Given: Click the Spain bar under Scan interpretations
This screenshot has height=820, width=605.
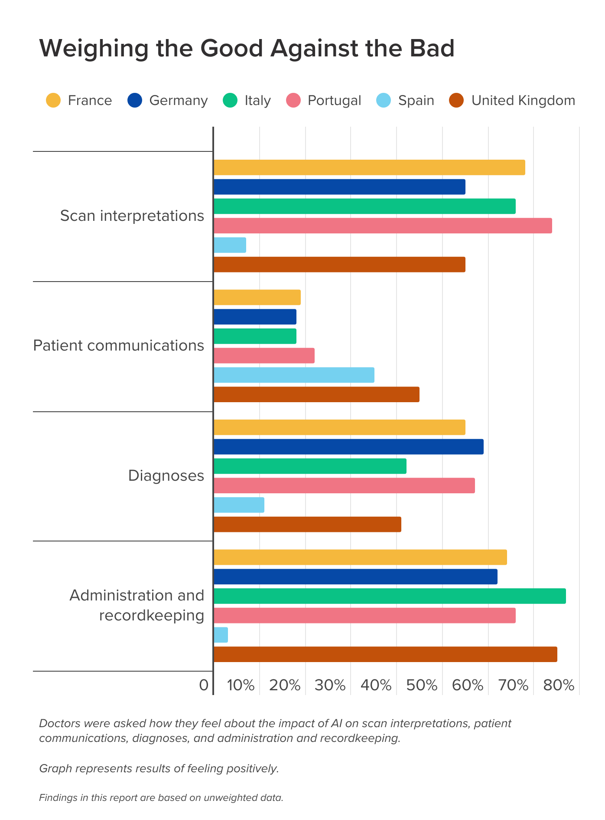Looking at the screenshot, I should (x=230, y=245).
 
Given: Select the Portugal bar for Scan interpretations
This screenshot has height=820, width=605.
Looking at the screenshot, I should (x=383, y=226).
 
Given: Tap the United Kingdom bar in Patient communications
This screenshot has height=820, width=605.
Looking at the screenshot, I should (x=316, y=394).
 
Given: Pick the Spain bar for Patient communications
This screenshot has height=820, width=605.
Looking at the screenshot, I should (x=294, y=375).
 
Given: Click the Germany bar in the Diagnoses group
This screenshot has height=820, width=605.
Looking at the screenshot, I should (x=348, y=446).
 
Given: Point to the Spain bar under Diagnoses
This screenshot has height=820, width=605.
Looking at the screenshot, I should (x=239, y=505).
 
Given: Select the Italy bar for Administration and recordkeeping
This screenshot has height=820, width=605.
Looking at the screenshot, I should (x=390, y=596).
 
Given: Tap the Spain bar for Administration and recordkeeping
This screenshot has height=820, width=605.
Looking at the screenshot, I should (x=221, y=635).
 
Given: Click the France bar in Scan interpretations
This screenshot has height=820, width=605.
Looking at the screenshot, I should (x=369, y=167).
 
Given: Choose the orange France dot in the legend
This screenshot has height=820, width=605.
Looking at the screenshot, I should (x=53, y=100).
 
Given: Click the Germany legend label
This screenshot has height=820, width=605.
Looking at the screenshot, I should (x=179, y=100).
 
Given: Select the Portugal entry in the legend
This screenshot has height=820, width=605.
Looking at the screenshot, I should (x=334, y=100).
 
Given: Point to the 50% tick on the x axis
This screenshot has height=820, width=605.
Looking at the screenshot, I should (x=422, y=686).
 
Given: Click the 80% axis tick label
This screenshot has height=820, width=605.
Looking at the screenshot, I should (x=559, y=686).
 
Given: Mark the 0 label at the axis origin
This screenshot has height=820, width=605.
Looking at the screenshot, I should (x=204, y=686).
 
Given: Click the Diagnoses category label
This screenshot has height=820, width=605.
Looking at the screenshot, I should (x=166, y=476).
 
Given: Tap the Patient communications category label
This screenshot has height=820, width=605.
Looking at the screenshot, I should (x=118, y=346).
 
